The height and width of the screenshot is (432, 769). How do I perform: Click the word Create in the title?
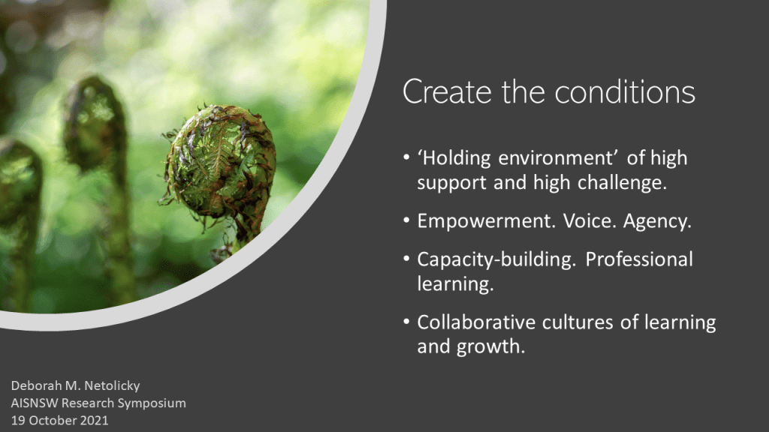tap(447, 92)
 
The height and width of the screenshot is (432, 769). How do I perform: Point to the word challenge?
tap(622, 183)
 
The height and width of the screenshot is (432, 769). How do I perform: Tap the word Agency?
tap(657, 222)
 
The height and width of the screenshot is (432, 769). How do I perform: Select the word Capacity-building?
tap(496, 260)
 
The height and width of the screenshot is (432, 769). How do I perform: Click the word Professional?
tap(639, 259)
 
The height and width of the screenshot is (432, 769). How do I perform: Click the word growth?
tap(491, 347)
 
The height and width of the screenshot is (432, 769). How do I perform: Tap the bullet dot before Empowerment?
tap(406, 221)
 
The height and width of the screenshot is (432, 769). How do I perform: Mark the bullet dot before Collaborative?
tap(406, 322)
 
